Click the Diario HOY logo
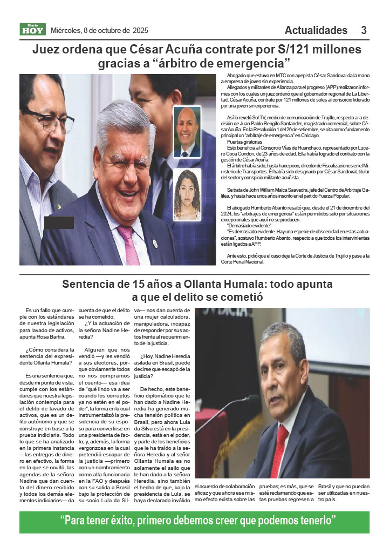tap(33, 30)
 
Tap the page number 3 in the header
tap(364, 30)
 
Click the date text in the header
tap(99, 30)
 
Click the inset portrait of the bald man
tap(187, 131)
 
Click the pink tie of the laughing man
tap(129, 244)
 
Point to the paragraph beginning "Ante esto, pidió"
tap(298, 258)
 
